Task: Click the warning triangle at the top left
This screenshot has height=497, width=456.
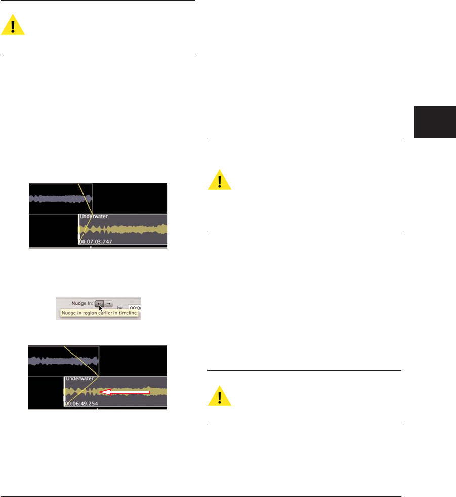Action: (x=13, y=25)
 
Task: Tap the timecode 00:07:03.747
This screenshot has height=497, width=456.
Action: (x=96, y=241)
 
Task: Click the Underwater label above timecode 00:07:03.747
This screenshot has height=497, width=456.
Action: (x=94, y=217)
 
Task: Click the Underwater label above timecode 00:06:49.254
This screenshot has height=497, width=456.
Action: (x=80, y=379)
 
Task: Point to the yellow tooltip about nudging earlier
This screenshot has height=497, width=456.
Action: (x=99, y=313)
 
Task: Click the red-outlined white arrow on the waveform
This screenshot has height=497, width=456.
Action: (x=124, y=392)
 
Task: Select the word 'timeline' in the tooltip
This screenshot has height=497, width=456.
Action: (x=128, y=313)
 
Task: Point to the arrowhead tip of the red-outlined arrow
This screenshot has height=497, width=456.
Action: (x=100, y=392)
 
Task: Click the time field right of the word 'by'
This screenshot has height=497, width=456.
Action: (x=135, y=307)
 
